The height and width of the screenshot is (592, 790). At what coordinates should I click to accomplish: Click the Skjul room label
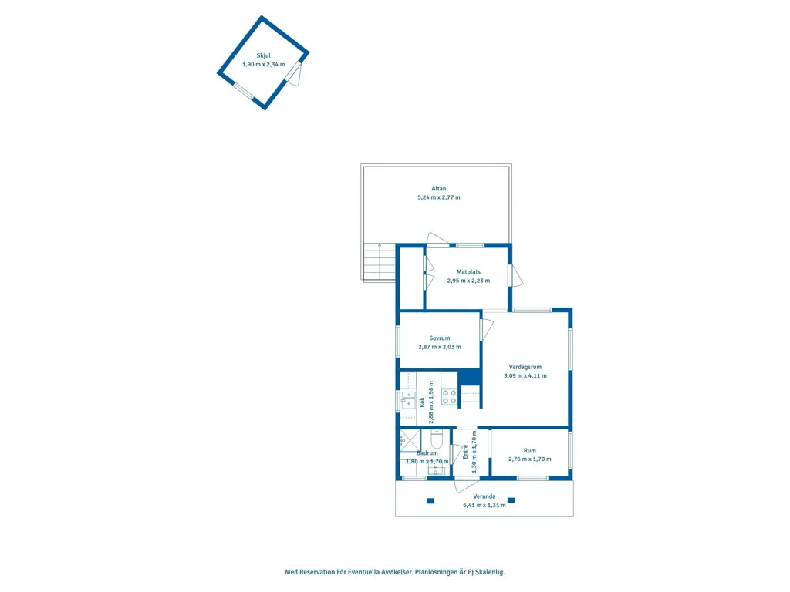264,55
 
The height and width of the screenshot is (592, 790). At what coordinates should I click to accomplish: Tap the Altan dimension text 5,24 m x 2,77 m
439,197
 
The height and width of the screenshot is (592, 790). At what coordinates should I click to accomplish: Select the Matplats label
468,272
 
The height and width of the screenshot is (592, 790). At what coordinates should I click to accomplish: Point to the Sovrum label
439,338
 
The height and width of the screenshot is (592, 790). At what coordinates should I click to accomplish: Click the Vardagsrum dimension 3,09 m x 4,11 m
525,375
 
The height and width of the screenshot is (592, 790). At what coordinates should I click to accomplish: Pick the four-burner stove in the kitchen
450,397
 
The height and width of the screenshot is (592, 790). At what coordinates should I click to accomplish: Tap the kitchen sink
409,400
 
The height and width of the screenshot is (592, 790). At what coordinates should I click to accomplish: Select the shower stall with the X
410,440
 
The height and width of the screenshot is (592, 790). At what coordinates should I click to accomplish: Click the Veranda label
484,496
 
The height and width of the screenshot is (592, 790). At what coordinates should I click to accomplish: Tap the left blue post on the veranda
430,501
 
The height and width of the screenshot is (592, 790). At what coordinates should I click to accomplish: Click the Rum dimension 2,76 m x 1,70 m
530,459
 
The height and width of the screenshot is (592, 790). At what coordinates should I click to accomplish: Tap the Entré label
465,452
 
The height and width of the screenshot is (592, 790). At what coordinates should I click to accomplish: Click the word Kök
422,402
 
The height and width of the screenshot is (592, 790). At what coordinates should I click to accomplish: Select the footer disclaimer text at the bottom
395,572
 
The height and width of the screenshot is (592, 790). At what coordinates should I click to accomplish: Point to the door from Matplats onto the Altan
437,240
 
